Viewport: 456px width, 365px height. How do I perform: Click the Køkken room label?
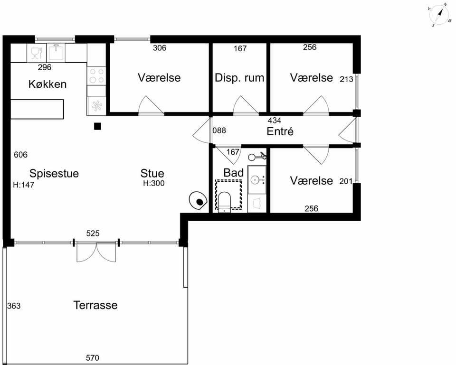(47, 84)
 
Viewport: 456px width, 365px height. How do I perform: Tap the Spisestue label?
(54, 174)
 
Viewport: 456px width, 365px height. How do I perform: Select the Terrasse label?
(95, 305)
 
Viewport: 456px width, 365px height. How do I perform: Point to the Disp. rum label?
(239, 78)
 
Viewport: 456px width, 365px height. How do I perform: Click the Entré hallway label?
(280, 131)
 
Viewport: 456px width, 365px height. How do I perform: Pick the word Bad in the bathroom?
(233, 173)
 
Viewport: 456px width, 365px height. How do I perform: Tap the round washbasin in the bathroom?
(257, 180)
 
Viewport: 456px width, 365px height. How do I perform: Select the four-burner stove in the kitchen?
(96, 75)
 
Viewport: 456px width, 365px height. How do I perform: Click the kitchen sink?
(56, 52)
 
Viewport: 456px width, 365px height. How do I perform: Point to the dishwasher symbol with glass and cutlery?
(37, 53)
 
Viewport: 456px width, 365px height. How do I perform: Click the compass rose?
(440, 15)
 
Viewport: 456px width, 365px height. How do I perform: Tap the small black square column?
(97, 126)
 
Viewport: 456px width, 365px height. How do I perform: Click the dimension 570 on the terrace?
(93, 358)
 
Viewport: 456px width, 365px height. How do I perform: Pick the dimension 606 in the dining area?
(20, 155)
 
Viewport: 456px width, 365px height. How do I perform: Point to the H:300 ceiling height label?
(153, 183)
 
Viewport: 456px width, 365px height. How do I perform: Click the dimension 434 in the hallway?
(274, 120)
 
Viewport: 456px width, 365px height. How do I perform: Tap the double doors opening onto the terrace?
(96, 252)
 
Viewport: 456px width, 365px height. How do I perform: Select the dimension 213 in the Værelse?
(346, 79)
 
